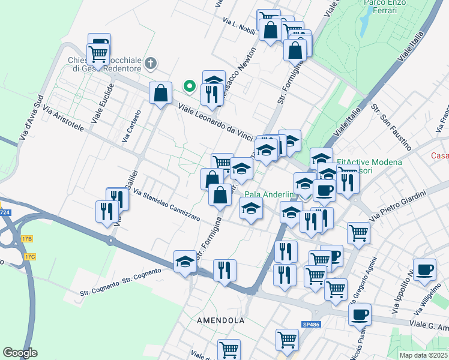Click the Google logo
tap(20, 353)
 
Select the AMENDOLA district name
tap(221, 320)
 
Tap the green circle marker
tap(190, 86)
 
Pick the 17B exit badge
tap(26, 238)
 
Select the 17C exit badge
tap(30, 257)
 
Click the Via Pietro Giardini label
tap(397, 205)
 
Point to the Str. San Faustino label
tap(391, 126)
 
